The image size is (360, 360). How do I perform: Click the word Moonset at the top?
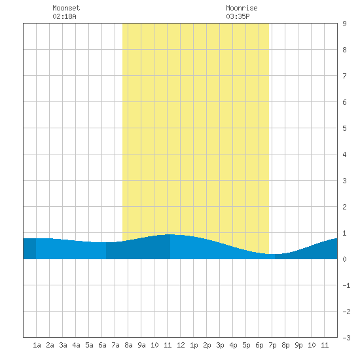click(66, 8)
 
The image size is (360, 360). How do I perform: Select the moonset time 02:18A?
click(64, 16)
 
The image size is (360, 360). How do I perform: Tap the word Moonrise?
click(242, 8)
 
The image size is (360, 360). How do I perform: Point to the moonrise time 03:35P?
click(238, 16)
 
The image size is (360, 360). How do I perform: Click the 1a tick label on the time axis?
click(37, 345)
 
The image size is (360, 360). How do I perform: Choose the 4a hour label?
click(76, 345)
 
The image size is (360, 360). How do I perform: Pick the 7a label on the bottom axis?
click(115, 345)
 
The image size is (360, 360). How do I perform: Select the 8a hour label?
click(128, 345)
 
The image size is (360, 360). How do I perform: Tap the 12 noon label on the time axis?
click(181, 345)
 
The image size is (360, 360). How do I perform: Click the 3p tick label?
click(220, 345)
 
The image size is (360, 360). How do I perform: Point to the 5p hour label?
click(246, 345)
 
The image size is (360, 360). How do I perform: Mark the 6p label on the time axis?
click(259, 345)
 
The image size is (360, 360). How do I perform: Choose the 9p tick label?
click(298, 345)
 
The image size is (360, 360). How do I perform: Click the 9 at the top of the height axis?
click(344, 24)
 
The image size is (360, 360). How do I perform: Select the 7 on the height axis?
click(344, 76)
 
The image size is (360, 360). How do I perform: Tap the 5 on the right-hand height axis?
click(344, 128)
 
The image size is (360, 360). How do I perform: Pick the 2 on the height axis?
click(344, 207)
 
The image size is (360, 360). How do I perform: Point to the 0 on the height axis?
click(344, 259)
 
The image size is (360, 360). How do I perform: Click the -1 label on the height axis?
click(346, 285)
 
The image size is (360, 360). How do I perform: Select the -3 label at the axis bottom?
click(346, 338)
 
